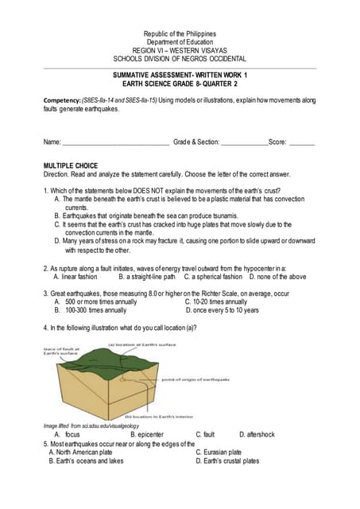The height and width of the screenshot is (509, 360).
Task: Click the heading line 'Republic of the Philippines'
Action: (180, 34)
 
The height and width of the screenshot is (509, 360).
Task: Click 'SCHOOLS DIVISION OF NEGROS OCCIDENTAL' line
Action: (180, 59)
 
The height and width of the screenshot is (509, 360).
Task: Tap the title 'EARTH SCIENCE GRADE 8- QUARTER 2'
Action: (180, 83)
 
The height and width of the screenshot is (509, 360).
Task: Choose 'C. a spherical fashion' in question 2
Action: (213, 277)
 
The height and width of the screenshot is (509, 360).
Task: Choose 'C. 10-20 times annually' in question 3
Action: (215, 302)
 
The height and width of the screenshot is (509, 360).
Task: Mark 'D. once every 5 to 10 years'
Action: (222, 310)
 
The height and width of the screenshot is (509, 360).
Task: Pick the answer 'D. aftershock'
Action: (257, 435)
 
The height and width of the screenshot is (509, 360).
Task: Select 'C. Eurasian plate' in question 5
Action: (219, 452)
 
